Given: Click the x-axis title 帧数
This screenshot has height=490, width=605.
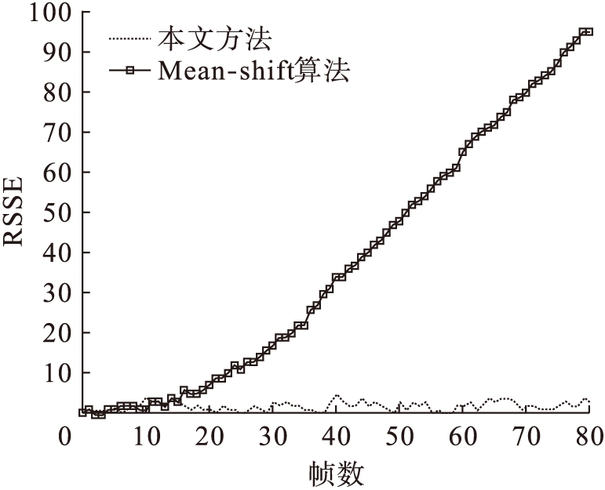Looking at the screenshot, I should pos(337,473).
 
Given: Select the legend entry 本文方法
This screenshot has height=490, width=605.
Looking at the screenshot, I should pos(214,37).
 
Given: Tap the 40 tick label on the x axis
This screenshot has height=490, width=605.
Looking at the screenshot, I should pos(336,435).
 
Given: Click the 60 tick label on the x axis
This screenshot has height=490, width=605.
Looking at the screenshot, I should pos(464,435).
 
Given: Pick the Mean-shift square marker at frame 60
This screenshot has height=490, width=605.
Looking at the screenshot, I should pos(463,152).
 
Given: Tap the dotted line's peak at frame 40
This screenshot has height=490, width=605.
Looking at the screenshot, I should pos(336,396).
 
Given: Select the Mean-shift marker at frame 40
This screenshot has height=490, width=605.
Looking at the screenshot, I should pos(336,278).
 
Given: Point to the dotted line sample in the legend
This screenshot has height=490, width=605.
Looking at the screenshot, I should pos(130,37).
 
